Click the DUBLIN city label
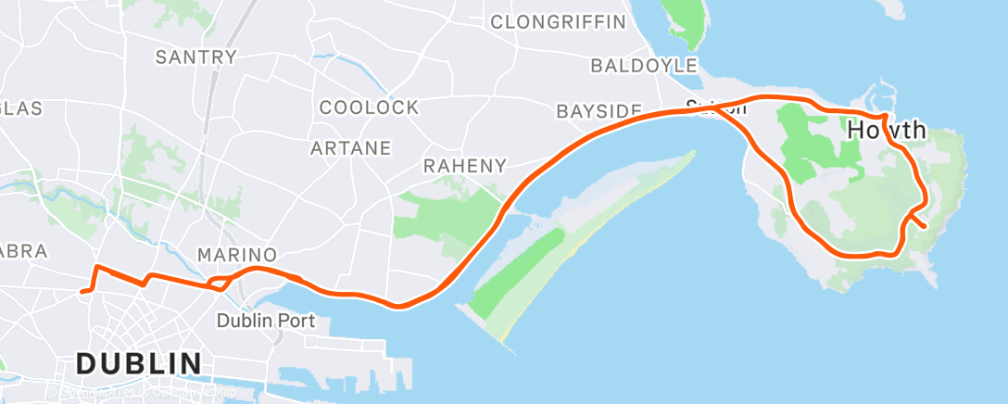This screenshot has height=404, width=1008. [x=139, y=363]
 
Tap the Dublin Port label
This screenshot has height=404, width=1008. [x=266, y=322]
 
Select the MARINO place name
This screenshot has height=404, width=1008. [x=237, y=255]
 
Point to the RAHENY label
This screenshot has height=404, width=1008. [x=464, y=167]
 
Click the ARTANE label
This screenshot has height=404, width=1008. [x=350, y=147]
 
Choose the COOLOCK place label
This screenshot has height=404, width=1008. [x=369, y=107]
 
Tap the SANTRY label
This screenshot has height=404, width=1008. [x=196, y=57]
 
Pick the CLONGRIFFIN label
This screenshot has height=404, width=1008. [x=558, y=21]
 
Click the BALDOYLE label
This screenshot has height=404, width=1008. [x=644, y=66]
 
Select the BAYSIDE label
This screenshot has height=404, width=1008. [x=598, y=111]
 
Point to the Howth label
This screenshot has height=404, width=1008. [x=887, y=130]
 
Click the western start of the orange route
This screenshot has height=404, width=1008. [x=83, y=291]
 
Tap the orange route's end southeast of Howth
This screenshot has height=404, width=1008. [x=923, y=224]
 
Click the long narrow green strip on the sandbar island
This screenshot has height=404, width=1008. [x=519, y=270]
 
